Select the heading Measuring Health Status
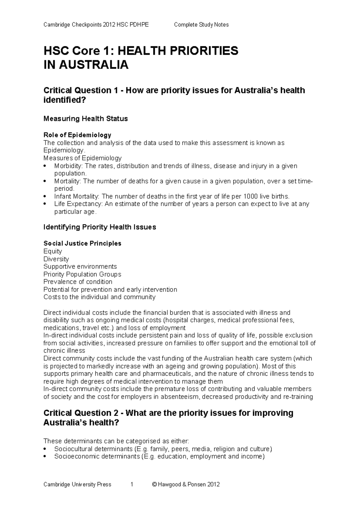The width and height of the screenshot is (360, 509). click(85, 119)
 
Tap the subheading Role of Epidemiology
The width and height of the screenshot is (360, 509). click(77, 135)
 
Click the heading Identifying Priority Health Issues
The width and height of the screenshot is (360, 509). click(100, 227)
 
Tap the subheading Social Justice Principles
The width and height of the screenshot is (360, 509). click(82, 243)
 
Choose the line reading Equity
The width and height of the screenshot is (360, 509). click(53, 251)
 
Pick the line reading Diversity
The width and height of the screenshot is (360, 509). click(56, 259)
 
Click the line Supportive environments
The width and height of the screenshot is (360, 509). click(80, 267)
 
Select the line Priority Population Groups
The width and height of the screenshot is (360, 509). click(82, 274)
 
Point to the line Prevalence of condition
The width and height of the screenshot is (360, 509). click(78, 282)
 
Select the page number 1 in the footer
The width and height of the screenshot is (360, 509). click(132, 484)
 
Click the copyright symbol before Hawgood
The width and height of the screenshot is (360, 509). click(154, 484)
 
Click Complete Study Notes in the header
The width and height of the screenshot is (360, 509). click(201, 25)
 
